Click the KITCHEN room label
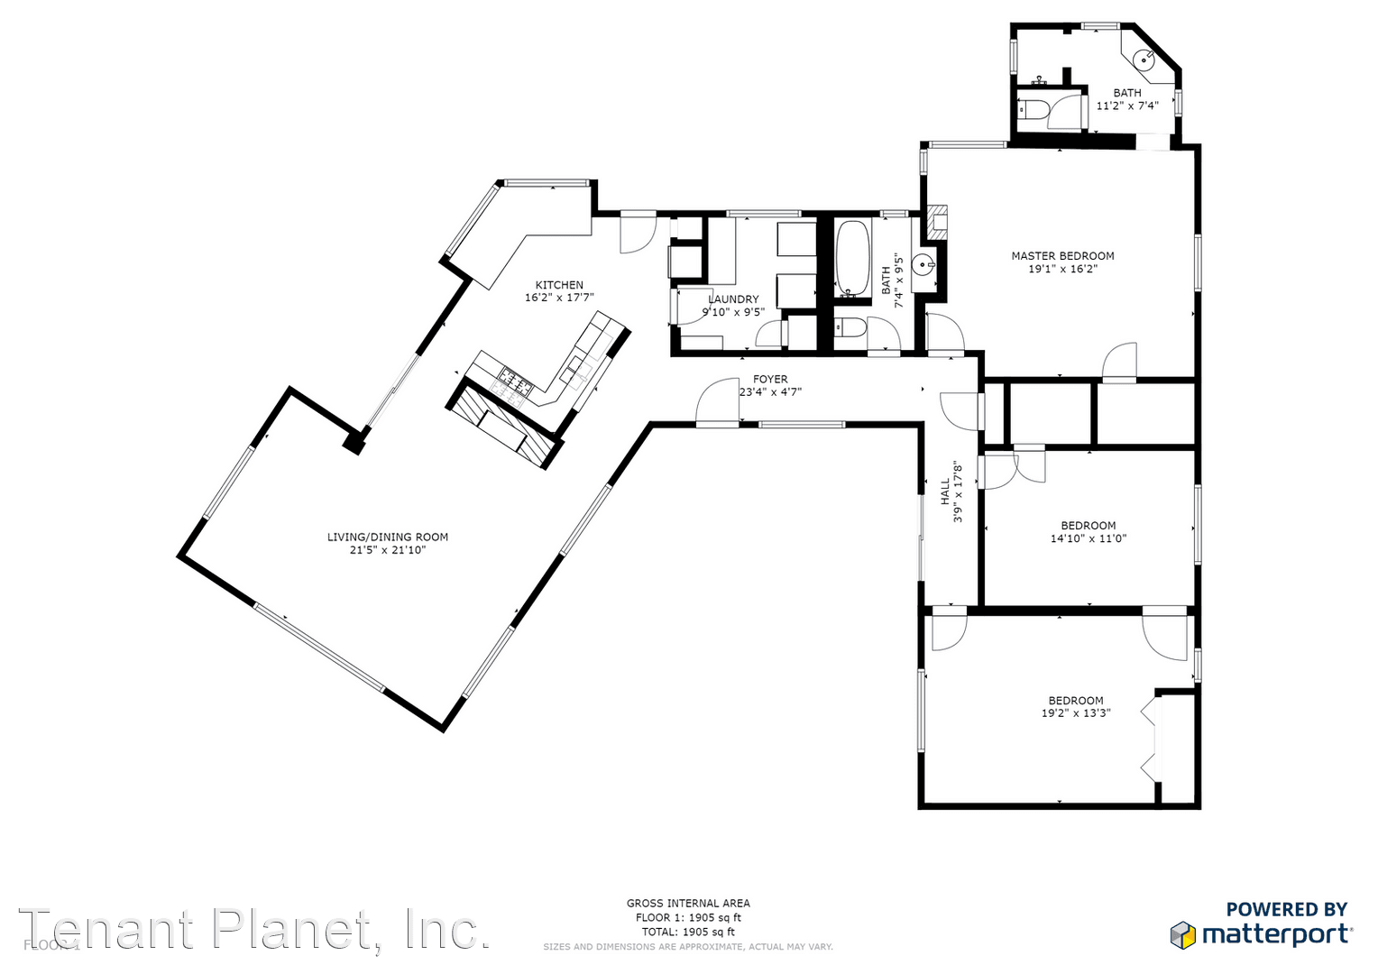tap(559, 285)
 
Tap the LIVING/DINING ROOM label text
tap(388, 538)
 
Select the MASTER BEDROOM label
tap(1062, 256)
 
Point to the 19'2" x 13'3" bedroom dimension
tap(1076, 713)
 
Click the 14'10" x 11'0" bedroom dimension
tap(1089, 539)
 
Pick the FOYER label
tap(770, 380)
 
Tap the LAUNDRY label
tap(733, 299)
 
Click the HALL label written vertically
tap(945, 492)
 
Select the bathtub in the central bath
tap(852, 256)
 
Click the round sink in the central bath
tap(923, 266)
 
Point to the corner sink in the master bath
tap(1145, 60)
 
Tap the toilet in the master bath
tap(1033, 110)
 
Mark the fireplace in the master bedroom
tap(938, 223)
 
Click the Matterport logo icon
tap(1183, 934)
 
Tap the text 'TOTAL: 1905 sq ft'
tap(688, 932)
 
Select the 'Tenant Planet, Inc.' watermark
tap(254, 929)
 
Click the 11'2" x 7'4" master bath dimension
tap(1126, 106)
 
